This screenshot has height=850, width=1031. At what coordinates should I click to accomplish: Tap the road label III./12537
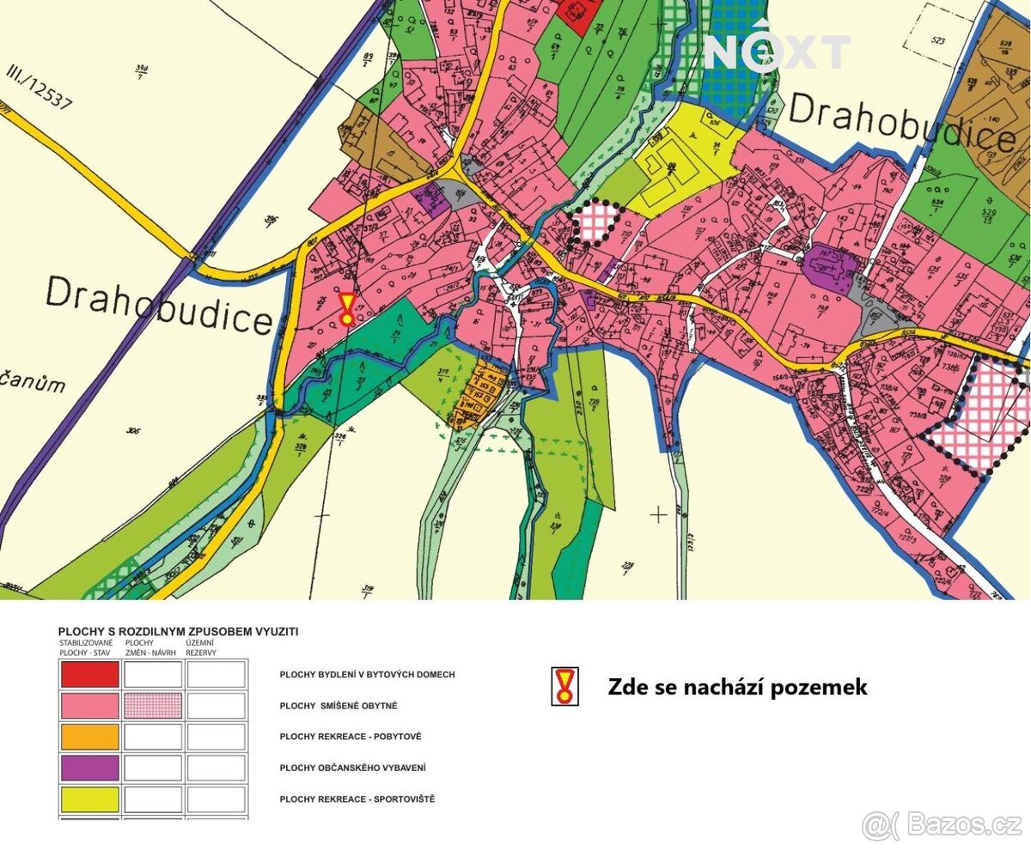(39, 88)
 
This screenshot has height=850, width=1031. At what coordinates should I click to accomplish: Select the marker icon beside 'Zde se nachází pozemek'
(564, 687)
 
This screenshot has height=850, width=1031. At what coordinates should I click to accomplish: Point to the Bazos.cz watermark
(942, 825)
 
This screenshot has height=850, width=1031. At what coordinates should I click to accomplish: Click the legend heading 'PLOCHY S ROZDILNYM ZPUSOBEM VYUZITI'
(178, 631)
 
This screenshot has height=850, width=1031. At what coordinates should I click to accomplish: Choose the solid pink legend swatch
(89, 706)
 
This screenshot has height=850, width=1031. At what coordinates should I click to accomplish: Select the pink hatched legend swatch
(153, 706)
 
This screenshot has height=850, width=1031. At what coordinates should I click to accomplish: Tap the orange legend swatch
(89, 737)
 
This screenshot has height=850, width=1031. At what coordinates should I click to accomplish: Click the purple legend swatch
(89, 768)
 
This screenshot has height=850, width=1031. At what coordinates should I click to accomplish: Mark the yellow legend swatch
(89, 798)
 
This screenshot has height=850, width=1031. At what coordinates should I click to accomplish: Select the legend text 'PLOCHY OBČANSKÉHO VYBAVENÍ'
(352, 768)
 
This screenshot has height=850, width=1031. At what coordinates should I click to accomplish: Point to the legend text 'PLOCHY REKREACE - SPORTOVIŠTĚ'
(357, 798)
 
